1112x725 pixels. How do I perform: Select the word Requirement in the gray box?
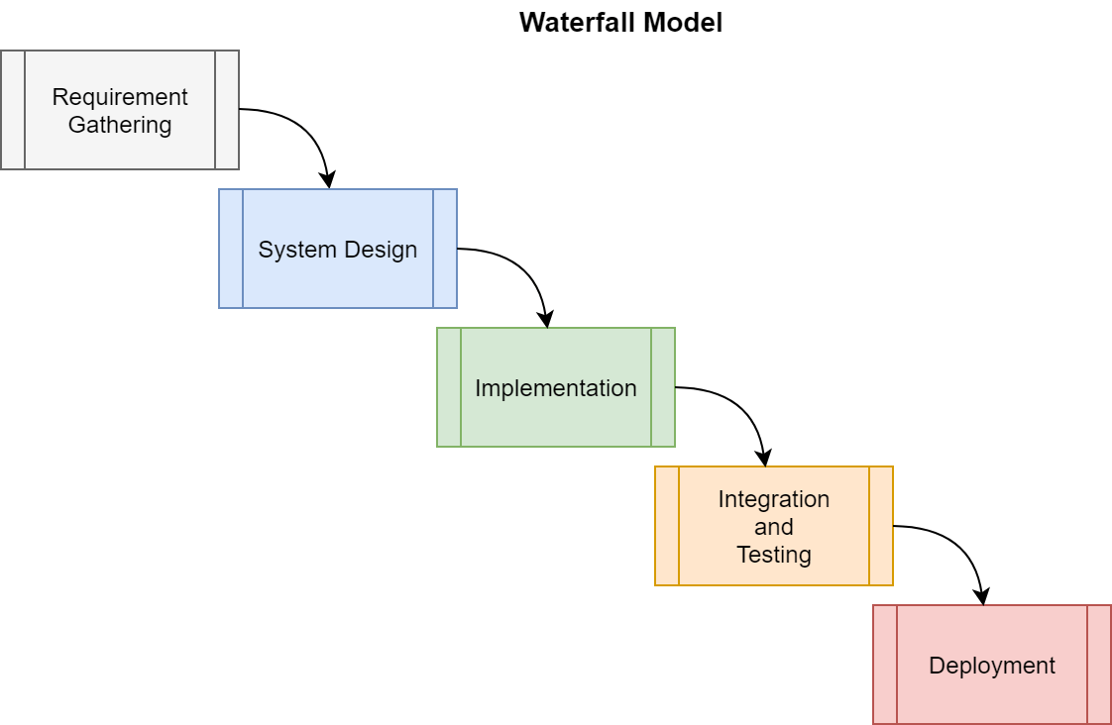pyautogui.click(x=120, y=97)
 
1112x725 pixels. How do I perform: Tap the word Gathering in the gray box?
pyautogui.click(x=120, y=125)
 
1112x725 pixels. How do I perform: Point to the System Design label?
pyautogui.click(x=338, y=250)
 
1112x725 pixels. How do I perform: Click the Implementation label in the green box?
pyautogui.click(x=556, y=388)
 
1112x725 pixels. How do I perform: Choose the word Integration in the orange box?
pyautogui.click(x=774, y=499)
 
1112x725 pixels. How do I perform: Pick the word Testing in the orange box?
pyautogui.click(x=774, y=555)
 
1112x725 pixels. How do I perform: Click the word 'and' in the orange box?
pyautogui.click(x=774, y=527)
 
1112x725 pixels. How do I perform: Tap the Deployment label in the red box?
pyautogui.click(x=992, y=666)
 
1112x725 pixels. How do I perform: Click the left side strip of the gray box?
pyautogui.click(x=13, y=110)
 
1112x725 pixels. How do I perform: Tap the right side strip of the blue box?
pyautogui.click(x=445, y=249)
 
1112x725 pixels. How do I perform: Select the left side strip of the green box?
pyautogui.click(x=449, y=387)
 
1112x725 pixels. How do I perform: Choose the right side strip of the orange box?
pyautogui.click(x=881, y=526)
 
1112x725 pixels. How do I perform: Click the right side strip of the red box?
pyautogui.click(x=1099, y=665)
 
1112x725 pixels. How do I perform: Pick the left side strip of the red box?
pyautogui.click(x=885, y=665)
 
